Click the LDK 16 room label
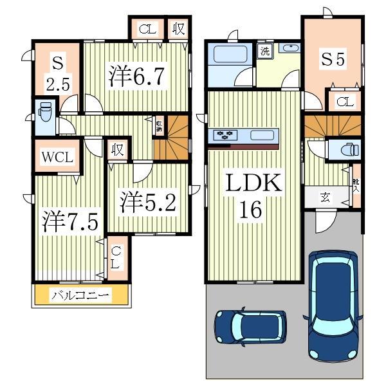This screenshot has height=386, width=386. [252, 196]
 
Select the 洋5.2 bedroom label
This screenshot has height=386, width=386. [147, 202]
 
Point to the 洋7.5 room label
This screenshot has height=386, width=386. [70, 222]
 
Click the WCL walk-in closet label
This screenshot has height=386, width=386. [58, 156]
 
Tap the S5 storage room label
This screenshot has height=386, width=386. [333, 59]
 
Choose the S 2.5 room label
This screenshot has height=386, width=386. [57, 73]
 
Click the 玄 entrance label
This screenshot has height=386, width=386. [326, 198]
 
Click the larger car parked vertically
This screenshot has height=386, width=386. [332, 302]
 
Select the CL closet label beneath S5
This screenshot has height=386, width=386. [344, 102]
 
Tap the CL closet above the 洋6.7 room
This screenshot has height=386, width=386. [147, 29]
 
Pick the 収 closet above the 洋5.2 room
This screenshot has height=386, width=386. [116, 151]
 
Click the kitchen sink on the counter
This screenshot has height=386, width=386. [262, 135]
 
